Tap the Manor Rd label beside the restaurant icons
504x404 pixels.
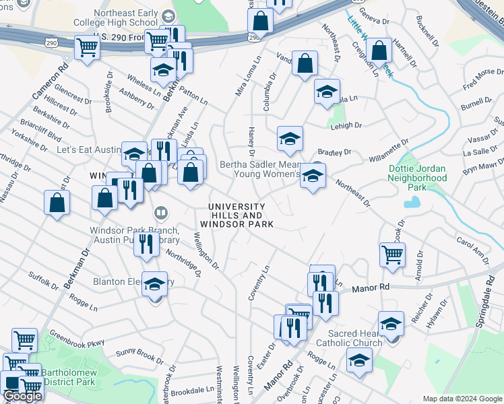pos(371,288)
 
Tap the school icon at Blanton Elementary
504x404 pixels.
pos(155,285)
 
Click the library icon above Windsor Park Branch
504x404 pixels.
pos(161,215)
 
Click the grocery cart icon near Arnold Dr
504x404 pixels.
pos(392,254)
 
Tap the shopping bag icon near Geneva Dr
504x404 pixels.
pos(379,50)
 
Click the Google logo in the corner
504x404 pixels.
pos(22,396)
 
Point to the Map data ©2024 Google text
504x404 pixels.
pos(462,399)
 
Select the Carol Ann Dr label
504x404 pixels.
pos(472,246)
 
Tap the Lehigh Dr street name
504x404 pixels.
pos(350,125)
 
